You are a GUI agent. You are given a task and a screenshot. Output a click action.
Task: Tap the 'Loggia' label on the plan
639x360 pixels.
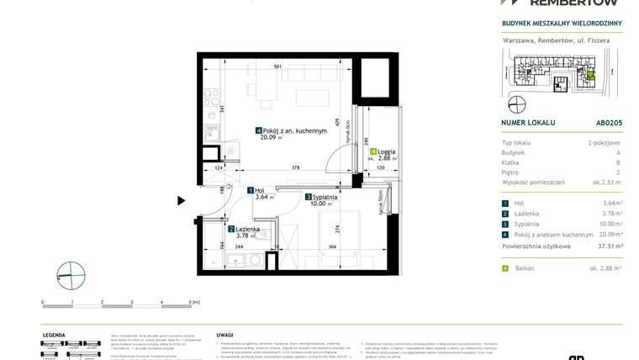click(x=387, y=151)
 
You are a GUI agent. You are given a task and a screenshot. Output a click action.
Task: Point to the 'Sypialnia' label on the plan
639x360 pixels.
click(x=325, y=196)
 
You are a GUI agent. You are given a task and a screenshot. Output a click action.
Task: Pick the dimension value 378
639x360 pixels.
click(x=295, y=168)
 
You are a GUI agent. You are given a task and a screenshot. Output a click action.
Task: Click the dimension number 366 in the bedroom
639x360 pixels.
click(x=333, y=246)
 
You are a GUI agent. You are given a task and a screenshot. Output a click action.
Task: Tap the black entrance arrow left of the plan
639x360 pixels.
click(x=181, y=200)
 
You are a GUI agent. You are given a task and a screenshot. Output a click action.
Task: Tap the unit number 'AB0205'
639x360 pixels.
click(x=609, y=122)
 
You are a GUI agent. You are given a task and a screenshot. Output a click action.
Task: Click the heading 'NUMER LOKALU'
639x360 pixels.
click(x=528, y=122)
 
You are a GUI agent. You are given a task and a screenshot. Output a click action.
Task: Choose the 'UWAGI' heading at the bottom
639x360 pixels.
click(x=224, y=334)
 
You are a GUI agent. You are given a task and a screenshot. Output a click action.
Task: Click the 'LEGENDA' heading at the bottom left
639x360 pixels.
click(x=55, y=334)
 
